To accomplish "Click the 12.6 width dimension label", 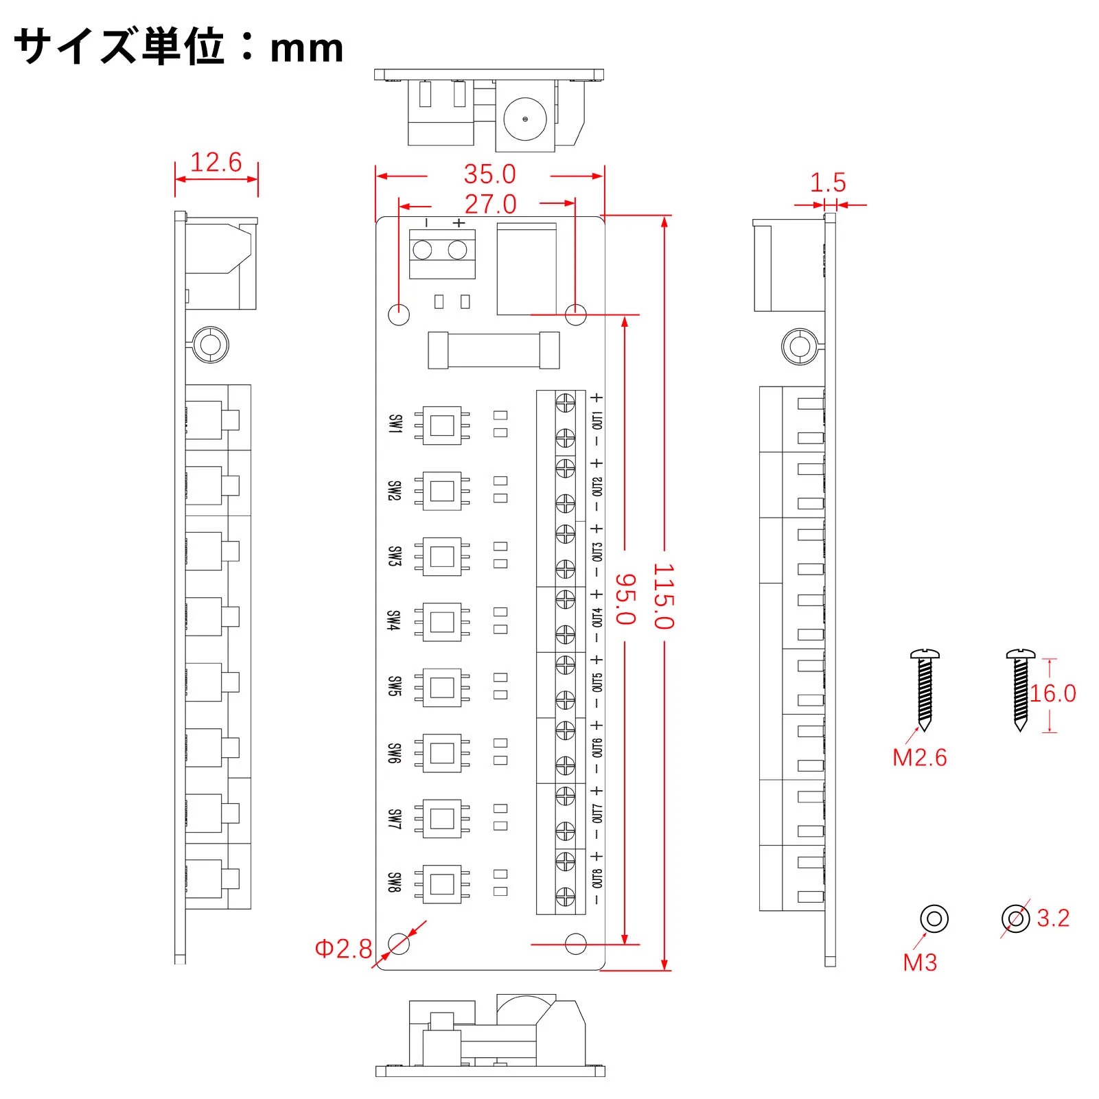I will pyautogui.click(x=216, y=163).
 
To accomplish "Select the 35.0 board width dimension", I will pyautogui.click(x=489, y=174).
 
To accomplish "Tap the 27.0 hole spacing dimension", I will pyautogui.click(x=490, y=204).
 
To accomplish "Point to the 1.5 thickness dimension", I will pyautogui.click(x=828, y=183).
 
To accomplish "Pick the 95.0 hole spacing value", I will pyautogui.click(x=625, y=599).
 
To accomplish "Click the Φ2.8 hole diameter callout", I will pyautogui.click(x=343, y=949).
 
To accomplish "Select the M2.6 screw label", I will pyautogui.click(x=919, y=758).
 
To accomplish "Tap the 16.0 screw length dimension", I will pyautogui.click(x=1052, y=693).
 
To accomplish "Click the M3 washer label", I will pyautogui.click(x=920, y=962).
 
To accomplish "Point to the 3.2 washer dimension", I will pyautogui.click(x=1053, y=918).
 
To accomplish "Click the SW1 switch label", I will pyautogui.click(x=395, y=424).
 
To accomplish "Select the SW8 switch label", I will pyautogui.click(x=394, y=883).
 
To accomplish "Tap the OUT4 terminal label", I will pyautogui.click(x=597, y=616).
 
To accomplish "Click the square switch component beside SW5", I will pyautogui.click(x=441, y=687).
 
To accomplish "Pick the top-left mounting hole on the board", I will pyautogui.click(x=399, y=314).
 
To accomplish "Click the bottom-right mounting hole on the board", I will pyautogui.click(x=575, y=944).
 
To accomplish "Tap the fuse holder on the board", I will pyautogui.click(x=494, y=350).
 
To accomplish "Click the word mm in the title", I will pyautogui.click(x=306, y=48).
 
